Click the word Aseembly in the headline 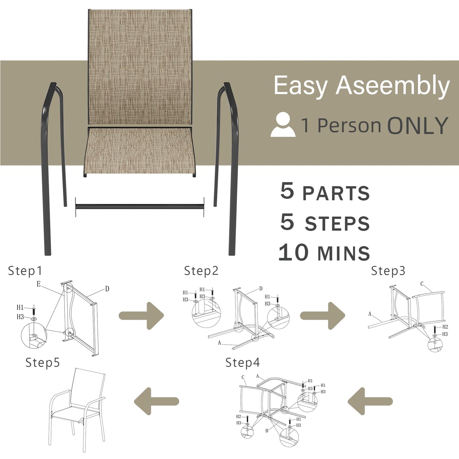[393, 86]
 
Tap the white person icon [283, 125]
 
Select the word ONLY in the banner [417, 126]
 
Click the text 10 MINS [324, 253]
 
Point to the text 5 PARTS [325, 192]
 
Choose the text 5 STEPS [325, 222]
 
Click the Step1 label [25, 271]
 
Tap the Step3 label [388, 271]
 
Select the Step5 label [43, 362]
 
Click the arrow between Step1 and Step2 [142, 316]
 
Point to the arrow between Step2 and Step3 [323, 316]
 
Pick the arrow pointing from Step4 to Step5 [156, 401]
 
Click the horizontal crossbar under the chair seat [139, 207]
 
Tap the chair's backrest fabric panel [140, 67]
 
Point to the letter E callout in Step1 [38, 284]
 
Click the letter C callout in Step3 [422, 284]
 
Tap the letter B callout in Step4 [267, 431]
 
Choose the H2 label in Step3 [445, 327]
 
